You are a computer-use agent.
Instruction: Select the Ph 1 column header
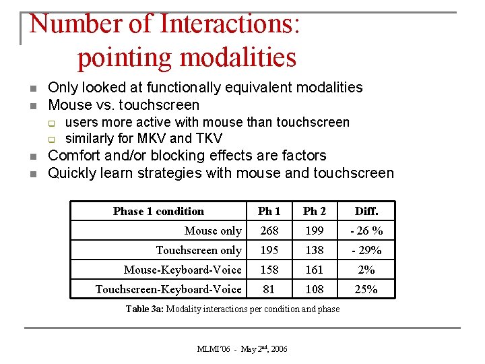point(269,211)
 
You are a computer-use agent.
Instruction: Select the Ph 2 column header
point(315,211)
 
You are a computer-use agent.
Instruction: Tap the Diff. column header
point(367,211)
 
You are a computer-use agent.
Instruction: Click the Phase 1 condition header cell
point(158,211)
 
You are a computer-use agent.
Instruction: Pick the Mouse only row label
point(213,231)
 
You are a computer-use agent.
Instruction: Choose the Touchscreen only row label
point(199,250)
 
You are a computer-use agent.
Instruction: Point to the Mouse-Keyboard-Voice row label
point(183,270)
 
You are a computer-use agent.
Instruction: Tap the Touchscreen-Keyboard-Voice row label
point(168,289)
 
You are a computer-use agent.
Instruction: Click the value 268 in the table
point(269,231)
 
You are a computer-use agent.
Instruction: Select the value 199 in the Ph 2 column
point(315,231)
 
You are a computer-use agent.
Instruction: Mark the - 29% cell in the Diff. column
point(367,250)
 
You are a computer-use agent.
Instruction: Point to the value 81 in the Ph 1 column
point(269,289)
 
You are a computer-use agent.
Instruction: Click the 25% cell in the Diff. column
point(367,289)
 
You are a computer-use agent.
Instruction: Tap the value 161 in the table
point(315,270)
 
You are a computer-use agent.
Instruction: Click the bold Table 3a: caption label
point(145,309)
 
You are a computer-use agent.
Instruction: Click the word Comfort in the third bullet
point(75,156)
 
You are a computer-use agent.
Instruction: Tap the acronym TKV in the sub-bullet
point(209,139)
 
